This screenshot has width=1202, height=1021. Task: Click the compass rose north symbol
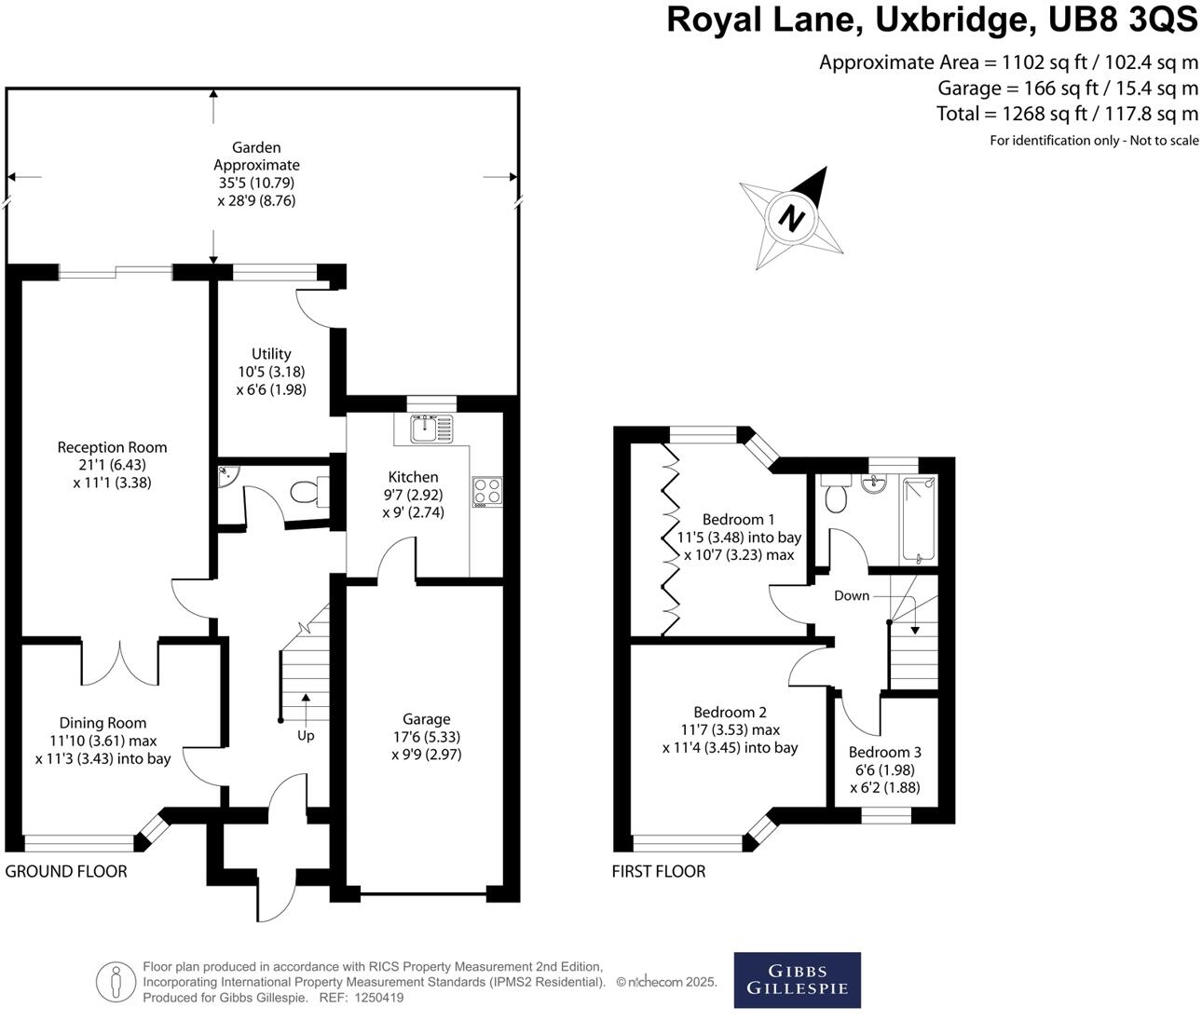792,218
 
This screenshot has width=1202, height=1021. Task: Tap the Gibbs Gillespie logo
797,979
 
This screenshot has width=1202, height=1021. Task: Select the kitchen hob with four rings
487,491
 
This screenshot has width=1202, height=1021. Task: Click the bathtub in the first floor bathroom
918,520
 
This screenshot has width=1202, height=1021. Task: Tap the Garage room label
426,719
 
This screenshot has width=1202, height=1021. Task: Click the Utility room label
271,354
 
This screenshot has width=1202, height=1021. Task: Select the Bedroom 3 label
884,753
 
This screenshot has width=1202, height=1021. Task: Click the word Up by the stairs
306,736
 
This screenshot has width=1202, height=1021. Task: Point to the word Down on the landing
852,596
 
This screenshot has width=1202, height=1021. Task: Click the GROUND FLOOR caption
66,872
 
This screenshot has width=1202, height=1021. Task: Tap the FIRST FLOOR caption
659,872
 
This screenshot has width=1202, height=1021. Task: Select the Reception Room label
112,447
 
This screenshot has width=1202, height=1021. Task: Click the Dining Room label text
102,723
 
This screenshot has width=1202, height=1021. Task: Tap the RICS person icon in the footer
116,981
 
